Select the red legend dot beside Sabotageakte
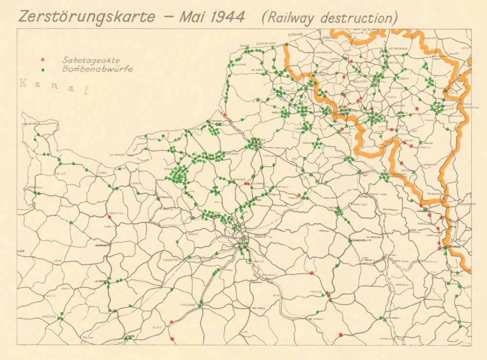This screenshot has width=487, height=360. [x=43, y=59]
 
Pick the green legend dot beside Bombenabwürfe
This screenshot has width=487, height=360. [x=43, y=70]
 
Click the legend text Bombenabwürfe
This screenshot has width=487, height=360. [x=97, y=70]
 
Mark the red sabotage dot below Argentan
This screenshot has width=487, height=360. [x=110, y=217]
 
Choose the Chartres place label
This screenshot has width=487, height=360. [x=171, y=260]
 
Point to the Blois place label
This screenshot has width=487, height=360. [x=157, y=327]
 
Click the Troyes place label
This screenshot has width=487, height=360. [x=315, y=292]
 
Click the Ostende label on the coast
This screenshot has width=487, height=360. [x=295, y=35]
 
